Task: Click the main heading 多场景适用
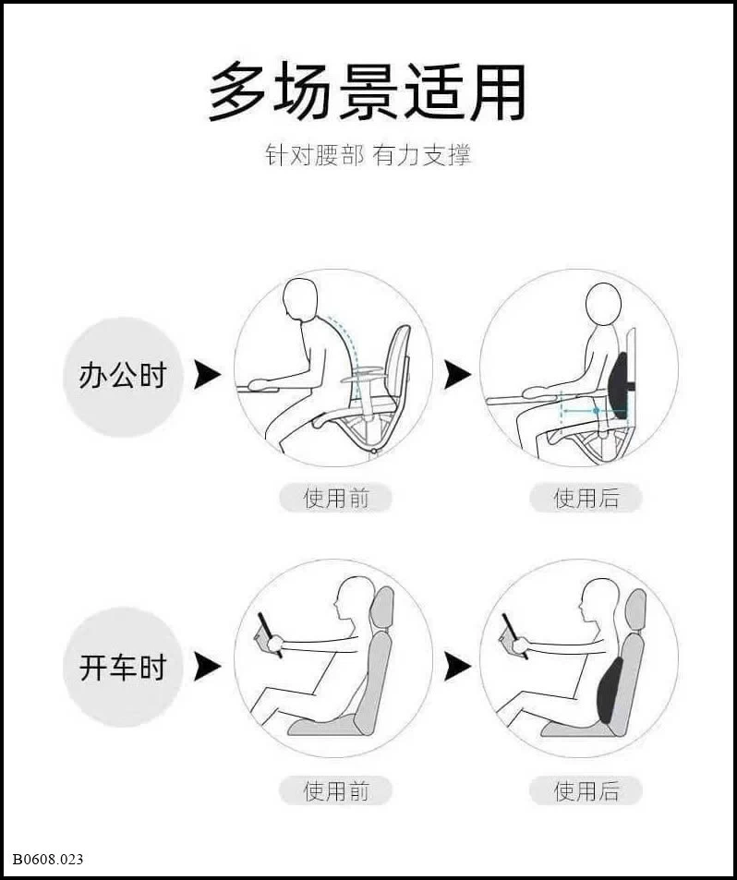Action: pos(367,92)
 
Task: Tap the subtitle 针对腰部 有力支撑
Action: pos(368,155)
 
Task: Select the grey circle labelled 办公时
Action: pos(123,376)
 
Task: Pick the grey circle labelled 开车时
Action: pos(123,668)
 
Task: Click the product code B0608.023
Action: pos(48,860)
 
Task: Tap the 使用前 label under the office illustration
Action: pos(335,498)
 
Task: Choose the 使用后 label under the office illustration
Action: pos(586,498)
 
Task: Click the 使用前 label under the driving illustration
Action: pos(335,790)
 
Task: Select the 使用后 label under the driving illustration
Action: pos(586,790)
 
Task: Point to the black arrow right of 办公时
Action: pos(207,375)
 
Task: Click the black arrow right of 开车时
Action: pos(207,667)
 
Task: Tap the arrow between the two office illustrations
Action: pos(457,375)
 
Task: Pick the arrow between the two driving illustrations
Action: pos(457,667)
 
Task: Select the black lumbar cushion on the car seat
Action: pos(609,691)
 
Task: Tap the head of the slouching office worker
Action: pos(300,299)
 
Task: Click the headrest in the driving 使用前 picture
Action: pos(383,609)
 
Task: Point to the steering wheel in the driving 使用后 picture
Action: pos(514,636)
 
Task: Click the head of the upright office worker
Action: pos(603,304)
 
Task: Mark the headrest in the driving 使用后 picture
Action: pos(635,611)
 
